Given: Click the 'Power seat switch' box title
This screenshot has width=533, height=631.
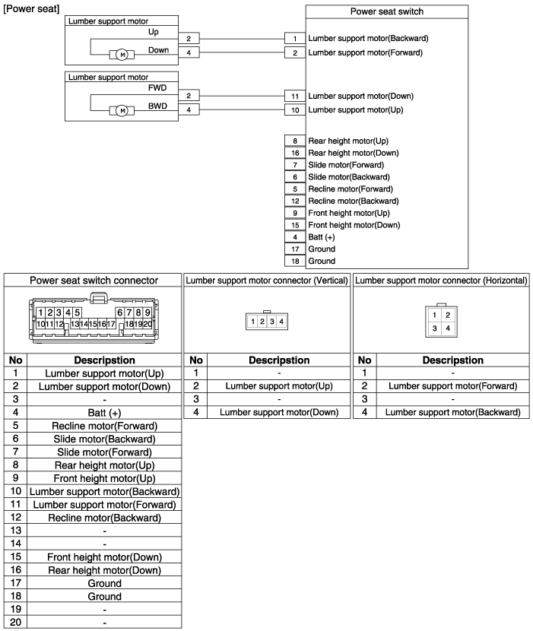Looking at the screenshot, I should click(386, 11).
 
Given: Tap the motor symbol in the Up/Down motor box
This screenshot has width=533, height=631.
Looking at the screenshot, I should click(122, 54).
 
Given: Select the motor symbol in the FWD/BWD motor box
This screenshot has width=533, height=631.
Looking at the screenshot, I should click(122, 111).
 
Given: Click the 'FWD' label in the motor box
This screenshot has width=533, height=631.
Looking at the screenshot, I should click(157, 88).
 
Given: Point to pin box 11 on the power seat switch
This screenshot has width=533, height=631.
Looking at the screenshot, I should click(293, 97).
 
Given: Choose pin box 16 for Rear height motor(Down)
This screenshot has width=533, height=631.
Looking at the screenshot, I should click(293, 153).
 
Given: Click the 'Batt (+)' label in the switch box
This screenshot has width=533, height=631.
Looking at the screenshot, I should click(322, 237).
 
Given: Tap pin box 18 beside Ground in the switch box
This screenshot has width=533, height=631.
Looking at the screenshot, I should click(293, 261).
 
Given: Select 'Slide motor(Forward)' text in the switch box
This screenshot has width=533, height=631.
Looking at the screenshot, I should click(346, 165).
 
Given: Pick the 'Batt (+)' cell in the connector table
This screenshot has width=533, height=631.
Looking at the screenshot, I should click(104, 412).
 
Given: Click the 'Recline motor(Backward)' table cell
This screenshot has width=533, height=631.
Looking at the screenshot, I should click(104, 518).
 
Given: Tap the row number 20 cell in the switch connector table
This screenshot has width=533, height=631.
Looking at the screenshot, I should click(16, 622).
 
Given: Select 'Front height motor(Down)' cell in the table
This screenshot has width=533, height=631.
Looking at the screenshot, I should click(104, 556).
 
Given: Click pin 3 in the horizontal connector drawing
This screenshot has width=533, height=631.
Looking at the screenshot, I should click(434, 328).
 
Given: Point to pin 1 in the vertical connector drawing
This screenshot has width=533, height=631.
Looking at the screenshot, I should click(252, 322).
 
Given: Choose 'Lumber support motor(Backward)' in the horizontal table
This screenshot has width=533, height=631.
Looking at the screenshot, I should click(452, 412).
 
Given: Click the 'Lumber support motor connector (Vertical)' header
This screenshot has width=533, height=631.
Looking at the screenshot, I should click(267, 280).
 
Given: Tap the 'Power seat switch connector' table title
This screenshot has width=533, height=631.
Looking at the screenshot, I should click(94, 280).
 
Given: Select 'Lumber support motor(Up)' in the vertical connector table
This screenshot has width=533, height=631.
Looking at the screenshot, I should click(278, 386).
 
